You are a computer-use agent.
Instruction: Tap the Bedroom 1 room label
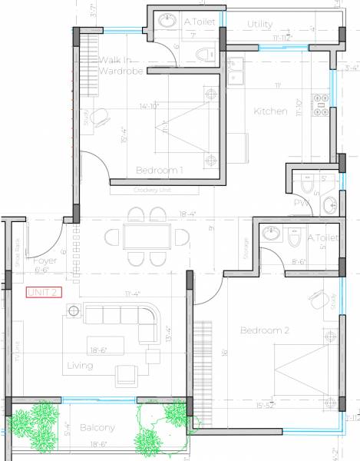coord(160,170)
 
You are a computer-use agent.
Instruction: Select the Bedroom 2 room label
coord(264,330)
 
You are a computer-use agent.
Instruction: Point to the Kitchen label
coord(271,111)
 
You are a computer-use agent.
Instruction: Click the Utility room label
coord(259,25)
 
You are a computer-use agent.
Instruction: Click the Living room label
coord(80,366)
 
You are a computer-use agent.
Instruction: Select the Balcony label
coord(95,428)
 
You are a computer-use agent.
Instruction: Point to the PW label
coord(301,203)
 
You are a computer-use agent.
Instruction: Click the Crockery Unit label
coord(150,190)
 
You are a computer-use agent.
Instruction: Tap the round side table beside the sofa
coord(74,310)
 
